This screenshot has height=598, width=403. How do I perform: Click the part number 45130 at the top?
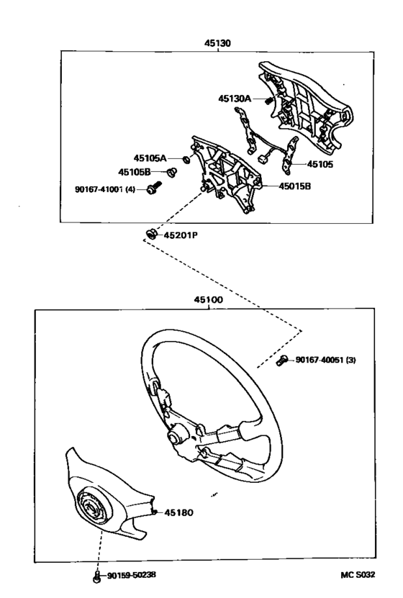(218, 43)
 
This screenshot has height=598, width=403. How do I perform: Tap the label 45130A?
(235, 99)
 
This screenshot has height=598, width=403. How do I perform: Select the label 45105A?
(150, 158)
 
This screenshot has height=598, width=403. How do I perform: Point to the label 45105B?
(135, 173)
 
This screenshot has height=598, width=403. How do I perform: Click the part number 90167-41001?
(100, 189)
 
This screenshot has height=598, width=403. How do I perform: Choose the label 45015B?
(295, 186)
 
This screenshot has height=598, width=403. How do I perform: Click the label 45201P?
(181, 235)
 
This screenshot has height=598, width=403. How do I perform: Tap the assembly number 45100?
(208, 300)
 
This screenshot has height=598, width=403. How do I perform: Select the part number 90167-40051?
(320, 360)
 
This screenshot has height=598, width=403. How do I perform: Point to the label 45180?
(178, 512)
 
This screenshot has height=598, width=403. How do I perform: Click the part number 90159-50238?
(131, 575)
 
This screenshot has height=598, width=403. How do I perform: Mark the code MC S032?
(358, 575)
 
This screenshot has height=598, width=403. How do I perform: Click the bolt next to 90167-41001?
(154, 187)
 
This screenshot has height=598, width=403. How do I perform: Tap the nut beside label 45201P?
(151, 233)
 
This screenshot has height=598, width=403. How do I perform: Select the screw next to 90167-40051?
(282, 360)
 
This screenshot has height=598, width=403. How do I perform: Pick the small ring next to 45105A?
(186, 158)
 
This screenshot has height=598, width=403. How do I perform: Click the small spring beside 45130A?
(268, 100)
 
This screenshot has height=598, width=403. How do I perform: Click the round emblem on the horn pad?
(91, 507)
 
